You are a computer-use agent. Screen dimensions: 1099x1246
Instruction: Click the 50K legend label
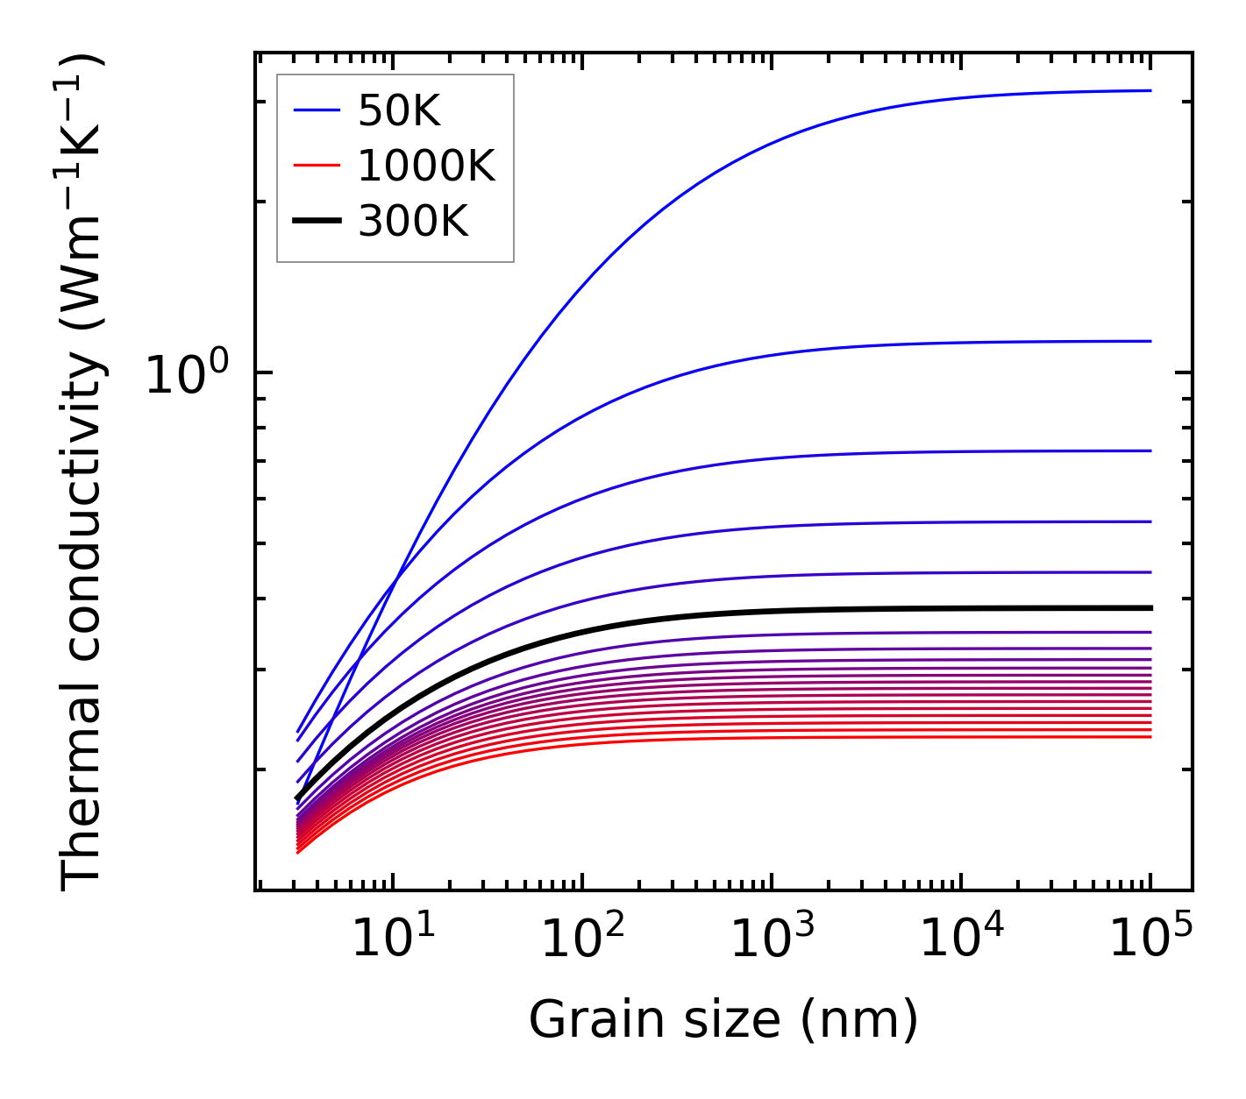tap(399, 111)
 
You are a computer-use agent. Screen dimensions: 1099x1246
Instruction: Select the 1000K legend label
tap(426, 166)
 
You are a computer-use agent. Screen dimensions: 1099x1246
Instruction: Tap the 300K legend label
tap(413, 222)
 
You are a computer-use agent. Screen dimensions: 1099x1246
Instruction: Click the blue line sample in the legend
tap(316, 110)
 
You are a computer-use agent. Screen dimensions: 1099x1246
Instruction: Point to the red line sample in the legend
tap(316, 166)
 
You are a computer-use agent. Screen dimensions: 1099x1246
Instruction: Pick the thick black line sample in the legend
tap(316, 222)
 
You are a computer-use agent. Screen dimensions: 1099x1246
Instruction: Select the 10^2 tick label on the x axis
tap(582, 939)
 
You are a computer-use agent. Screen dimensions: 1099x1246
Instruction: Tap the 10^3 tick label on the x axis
tap(772, 939)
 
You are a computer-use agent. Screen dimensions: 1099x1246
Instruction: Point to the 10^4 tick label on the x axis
tap(961, 939)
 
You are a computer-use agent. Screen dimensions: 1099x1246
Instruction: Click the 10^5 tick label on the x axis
tap(1150, 939)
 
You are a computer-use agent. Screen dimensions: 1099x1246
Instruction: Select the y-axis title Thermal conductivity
tap(83, 473)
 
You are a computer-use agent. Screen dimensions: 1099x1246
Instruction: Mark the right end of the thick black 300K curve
tap(1150, 607)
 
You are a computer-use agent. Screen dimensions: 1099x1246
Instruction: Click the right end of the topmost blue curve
tap(1150, 90)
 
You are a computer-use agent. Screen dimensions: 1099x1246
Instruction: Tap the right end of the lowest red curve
tap(1150, 736)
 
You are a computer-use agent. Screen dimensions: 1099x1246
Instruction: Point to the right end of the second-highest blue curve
tap(1150, 341)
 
